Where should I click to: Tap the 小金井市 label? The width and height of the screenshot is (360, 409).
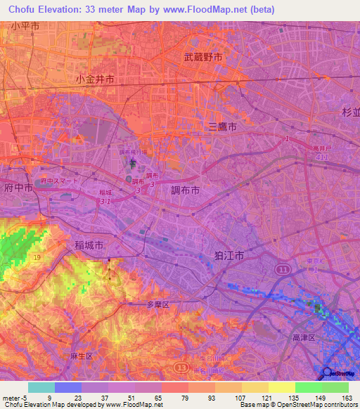click(95, 80)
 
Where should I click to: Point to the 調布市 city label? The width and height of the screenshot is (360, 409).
click(185, 190)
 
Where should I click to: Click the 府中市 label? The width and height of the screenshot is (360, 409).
click(18, 188)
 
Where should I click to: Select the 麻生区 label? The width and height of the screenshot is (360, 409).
click(82, 356)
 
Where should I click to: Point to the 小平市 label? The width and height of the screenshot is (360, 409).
click(26, 26)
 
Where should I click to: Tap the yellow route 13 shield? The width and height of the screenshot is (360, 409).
click(181, 367)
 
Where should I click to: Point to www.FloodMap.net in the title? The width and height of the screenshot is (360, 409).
click(222, 10)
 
